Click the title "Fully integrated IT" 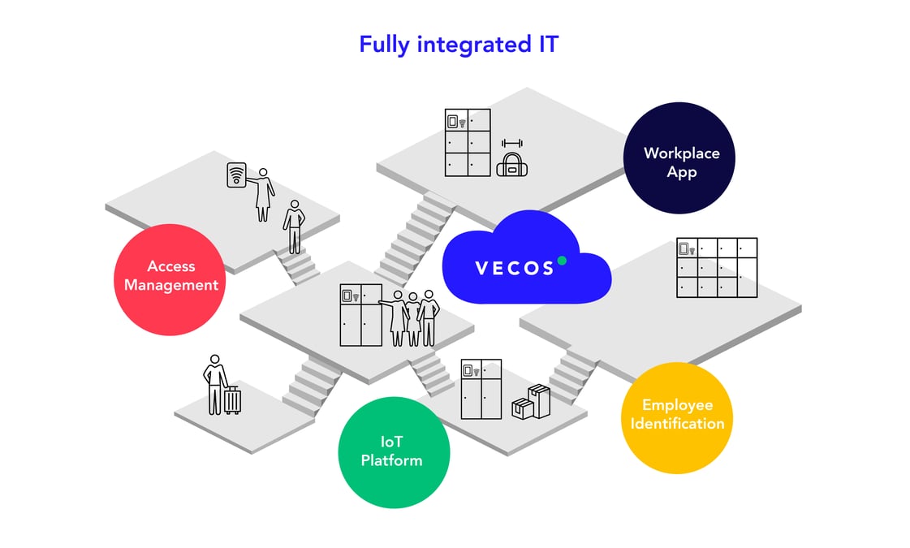pos(459,44)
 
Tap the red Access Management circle pos(170,279)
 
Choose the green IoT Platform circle pos(393,452)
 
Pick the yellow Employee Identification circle pos(676,417)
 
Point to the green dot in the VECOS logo pos(562,261)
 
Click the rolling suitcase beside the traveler pos(232,399)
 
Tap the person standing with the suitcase pos(215,383)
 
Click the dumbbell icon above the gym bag pos(511,144)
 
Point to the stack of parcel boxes pos(531,402)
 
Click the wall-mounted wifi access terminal pos(236,175)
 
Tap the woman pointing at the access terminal pos(262,195)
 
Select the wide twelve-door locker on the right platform pos(716,267)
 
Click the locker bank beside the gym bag pos(468,142)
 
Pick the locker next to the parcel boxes pos(481,389)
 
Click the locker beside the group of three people pos(360,315)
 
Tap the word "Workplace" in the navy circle pos(681,153)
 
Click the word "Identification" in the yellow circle pos(677,424)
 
